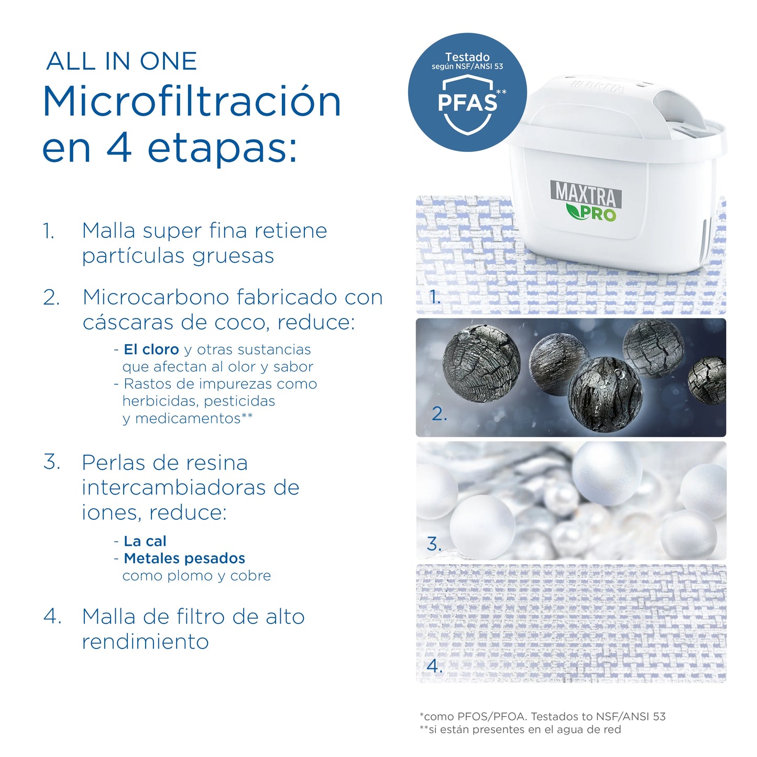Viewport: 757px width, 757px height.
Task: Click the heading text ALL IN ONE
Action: tap(122, 61)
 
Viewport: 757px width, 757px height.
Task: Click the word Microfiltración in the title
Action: tap(192, 102)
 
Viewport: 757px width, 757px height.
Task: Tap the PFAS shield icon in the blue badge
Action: tap(467, 104)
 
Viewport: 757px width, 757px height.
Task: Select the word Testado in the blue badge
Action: tap(467, 57)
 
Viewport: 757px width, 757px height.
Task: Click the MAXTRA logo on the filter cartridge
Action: tap(586, 193)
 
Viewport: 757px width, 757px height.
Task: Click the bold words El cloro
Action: tap(151, 349)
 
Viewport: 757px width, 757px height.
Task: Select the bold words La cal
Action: tap(145, 541)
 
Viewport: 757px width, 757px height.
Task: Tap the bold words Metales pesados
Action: tap(184, 558)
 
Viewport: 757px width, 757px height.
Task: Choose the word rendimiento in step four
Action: tap(146, 642)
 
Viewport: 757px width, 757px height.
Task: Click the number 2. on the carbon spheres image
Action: tap(439, 414)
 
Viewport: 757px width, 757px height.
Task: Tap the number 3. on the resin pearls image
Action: tap(434, 543)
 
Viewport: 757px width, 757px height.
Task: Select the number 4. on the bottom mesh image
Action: tap(434, 666)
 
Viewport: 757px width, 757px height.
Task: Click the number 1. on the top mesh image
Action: tap(434, 297)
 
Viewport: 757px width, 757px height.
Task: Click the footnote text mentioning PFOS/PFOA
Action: tap(542, 716)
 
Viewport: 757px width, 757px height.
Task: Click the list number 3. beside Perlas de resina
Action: tap(52, 462)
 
